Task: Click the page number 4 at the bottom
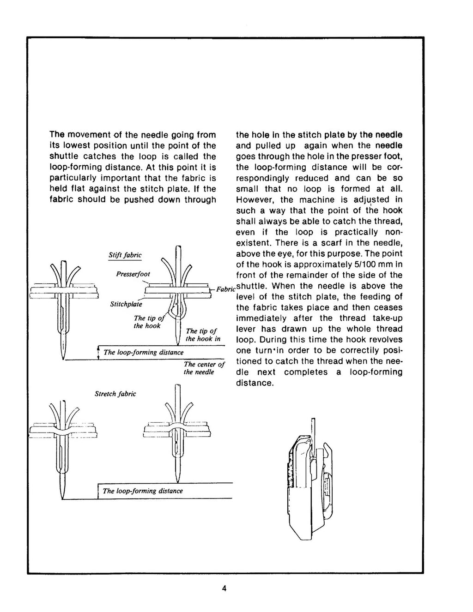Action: coord(224,588)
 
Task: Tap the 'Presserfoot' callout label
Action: coord(133,274)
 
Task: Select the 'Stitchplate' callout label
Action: coord(126,304)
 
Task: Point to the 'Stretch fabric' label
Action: coord(115,394)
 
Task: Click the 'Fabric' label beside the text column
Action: coord(226,289)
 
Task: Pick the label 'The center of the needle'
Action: coord(204,368)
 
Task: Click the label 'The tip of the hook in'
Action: coord(203,335)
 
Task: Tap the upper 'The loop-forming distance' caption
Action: coord(143,352)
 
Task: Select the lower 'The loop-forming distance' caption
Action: coord(143,491)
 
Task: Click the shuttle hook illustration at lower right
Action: coord(307,489)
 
